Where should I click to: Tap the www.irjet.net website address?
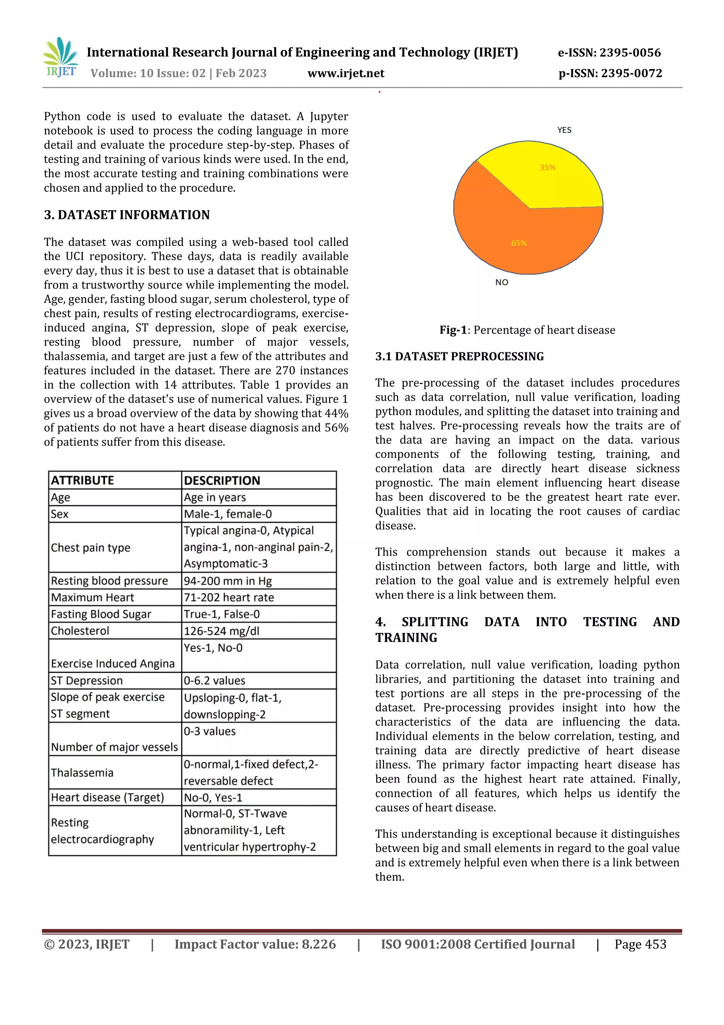pos(346,73)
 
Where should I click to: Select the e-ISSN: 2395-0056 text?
pos(609,53)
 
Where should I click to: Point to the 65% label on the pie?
pos(519,243)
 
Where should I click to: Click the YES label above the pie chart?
pos(564,130)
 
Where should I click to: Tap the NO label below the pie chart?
pos(501,282)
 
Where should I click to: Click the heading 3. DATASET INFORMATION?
pos(127,215)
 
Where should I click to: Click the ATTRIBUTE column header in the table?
pos(82,480)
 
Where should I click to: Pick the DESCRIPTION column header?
pos(222,480)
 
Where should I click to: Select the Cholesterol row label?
pos(80,631)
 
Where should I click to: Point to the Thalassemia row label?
pos(82,772)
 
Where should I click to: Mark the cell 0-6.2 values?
pos(214,680)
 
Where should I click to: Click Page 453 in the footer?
pos(640,944)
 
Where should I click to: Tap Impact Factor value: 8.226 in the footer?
pos(255,944)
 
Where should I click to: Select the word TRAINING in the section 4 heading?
pos(406,638)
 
